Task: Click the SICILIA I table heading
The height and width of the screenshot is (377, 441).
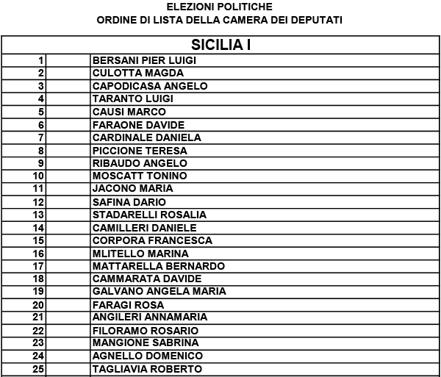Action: pyautogui.click(x=221, y=45)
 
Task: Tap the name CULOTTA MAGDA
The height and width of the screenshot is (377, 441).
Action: pyautogui.click(x=137, y=73)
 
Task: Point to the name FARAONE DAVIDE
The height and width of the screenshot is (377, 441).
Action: pyautogui.click(x=138, y=125)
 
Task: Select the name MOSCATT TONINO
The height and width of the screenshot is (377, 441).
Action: pyautogui.click(x=140, y=176)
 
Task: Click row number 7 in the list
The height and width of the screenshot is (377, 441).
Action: pyautogui.click(x=42, y=137)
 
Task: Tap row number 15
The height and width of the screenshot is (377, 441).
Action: pyautogui.click(x=39, y=240)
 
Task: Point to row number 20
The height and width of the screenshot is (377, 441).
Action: pyautogui.click(x=39, y=305)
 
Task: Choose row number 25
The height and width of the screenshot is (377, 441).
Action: pyautogui.click(x=39, y=369)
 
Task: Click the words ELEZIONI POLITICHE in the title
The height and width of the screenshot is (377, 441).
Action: pyautogui.click(x=220, y=7)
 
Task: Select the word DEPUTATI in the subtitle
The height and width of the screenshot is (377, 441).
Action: pyautogui.click(x=318, y=20)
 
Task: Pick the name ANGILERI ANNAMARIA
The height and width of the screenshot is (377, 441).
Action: pyautogui.click(x=150, y=317)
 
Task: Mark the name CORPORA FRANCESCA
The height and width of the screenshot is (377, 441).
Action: pyautogui.click(x=152, y=240)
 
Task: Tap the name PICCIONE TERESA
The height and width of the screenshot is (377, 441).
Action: pyautogui.click(x=140, y=151)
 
